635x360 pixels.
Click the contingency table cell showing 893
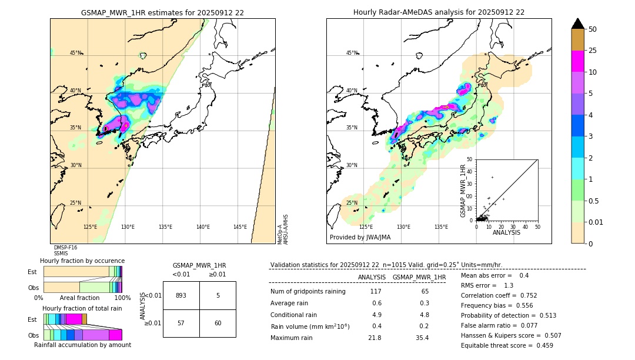(181, 295)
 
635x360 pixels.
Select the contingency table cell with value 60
(218, 323)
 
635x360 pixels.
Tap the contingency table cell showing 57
(181, 323)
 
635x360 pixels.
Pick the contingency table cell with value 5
(218, 295)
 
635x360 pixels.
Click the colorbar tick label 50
(593, 29)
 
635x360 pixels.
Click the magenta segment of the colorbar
(577, 61)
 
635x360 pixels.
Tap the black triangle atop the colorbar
(577, 24)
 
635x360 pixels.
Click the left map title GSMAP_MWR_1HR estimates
(162, 12)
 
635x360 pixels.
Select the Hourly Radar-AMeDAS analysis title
(439, 12)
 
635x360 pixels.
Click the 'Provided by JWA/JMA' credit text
(360, 238)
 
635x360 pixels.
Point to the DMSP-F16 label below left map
(65, 248)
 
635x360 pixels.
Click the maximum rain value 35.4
(422, 338)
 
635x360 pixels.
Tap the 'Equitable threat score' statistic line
(507, 345)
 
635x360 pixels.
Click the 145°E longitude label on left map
(240, 227)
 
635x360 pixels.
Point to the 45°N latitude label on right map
(352, 53)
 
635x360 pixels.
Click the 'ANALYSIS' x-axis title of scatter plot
(506, 232)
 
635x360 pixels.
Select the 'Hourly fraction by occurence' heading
(82, 261)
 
